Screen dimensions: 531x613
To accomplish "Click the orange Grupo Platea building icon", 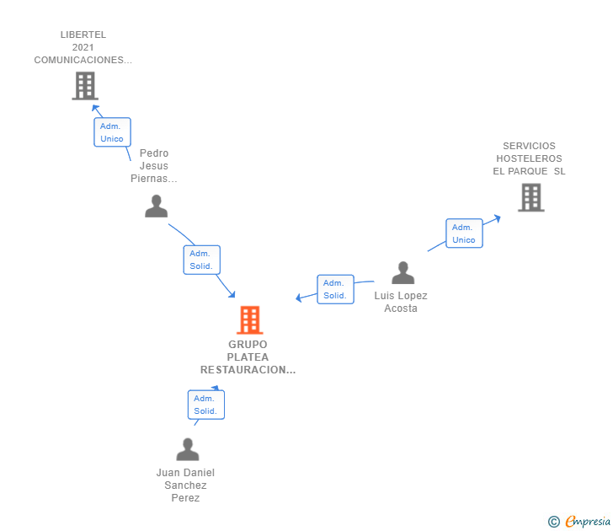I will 249,320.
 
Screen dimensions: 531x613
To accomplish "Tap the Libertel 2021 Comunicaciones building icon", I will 84,86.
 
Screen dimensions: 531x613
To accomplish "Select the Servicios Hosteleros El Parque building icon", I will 530,197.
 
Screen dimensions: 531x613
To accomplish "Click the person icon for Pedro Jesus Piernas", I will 156,206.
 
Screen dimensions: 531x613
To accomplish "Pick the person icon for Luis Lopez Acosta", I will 403,273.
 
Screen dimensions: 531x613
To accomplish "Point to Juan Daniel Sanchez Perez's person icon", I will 188,449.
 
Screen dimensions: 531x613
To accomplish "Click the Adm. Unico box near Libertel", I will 112,132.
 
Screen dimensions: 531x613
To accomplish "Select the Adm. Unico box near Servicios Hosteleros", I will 464,233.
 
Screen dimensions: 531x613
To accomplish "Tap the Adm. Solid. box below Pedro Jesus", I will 201,260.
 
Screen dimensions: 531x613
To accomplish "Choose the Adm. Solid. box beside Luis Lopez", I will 335,289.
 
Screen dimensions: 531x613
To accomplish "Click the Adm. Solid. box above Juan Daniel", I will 205,405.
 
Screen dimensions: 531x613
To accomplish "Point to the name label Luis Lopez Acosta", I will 401,302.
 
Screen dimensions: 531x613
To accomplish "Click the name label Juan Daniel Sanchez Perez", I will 185,485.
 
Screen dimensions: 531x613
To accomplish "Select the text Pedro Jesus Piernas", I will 154,166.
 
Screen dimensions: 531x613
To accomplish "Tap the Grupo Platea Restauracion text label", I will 248,357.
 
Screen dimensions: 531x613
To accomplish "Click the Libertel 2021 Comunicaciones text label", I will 83,48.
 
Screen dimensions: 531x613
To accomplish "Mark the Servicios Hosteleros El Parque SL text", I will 529,158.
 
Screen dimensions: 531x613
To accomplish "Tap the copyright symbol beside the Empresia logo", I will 553,522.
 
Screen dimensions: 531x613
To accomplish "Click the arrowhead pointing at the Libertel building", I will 95,109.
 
